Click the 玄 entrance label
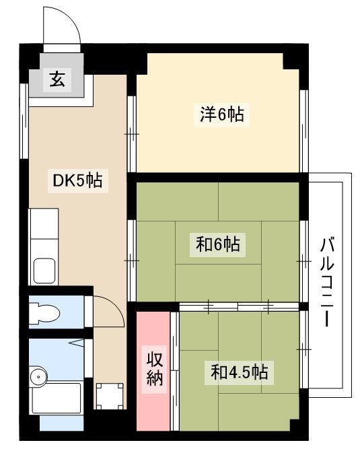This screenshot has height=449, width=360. [x=57, y=79]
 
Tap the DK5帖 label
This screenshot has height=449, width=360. [x=77, y=180]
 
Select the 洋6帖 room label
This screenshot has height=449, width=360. [x=222, y=114]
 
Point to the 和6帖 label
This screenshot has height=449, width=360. [x=218, y=244]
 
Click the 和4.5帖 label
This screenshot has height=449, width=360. [x=240, y=372]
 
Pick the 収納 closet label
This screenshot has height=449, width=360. [x=155, y=369]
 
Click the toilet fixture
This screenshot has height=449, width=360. [x=44, y=312]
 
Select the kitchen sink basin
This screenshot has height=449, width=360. [x=44, y=271]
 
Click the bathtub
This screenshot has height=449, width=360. [x=56, y=398]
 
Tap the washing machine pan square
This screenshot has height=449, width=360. [x=110, y=396]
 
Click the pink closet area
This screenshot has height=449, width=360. [x=153, y=371]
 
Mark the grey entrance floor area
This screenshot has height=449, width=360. [x=57, y=75]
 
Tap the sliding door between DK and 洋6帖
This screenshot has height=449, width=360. [x=132, y=134]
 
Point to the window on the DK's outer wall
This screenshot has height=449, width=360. [x=24, y=121]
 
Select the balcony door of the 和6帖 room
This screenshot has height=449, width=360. [x=304, y=261]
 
